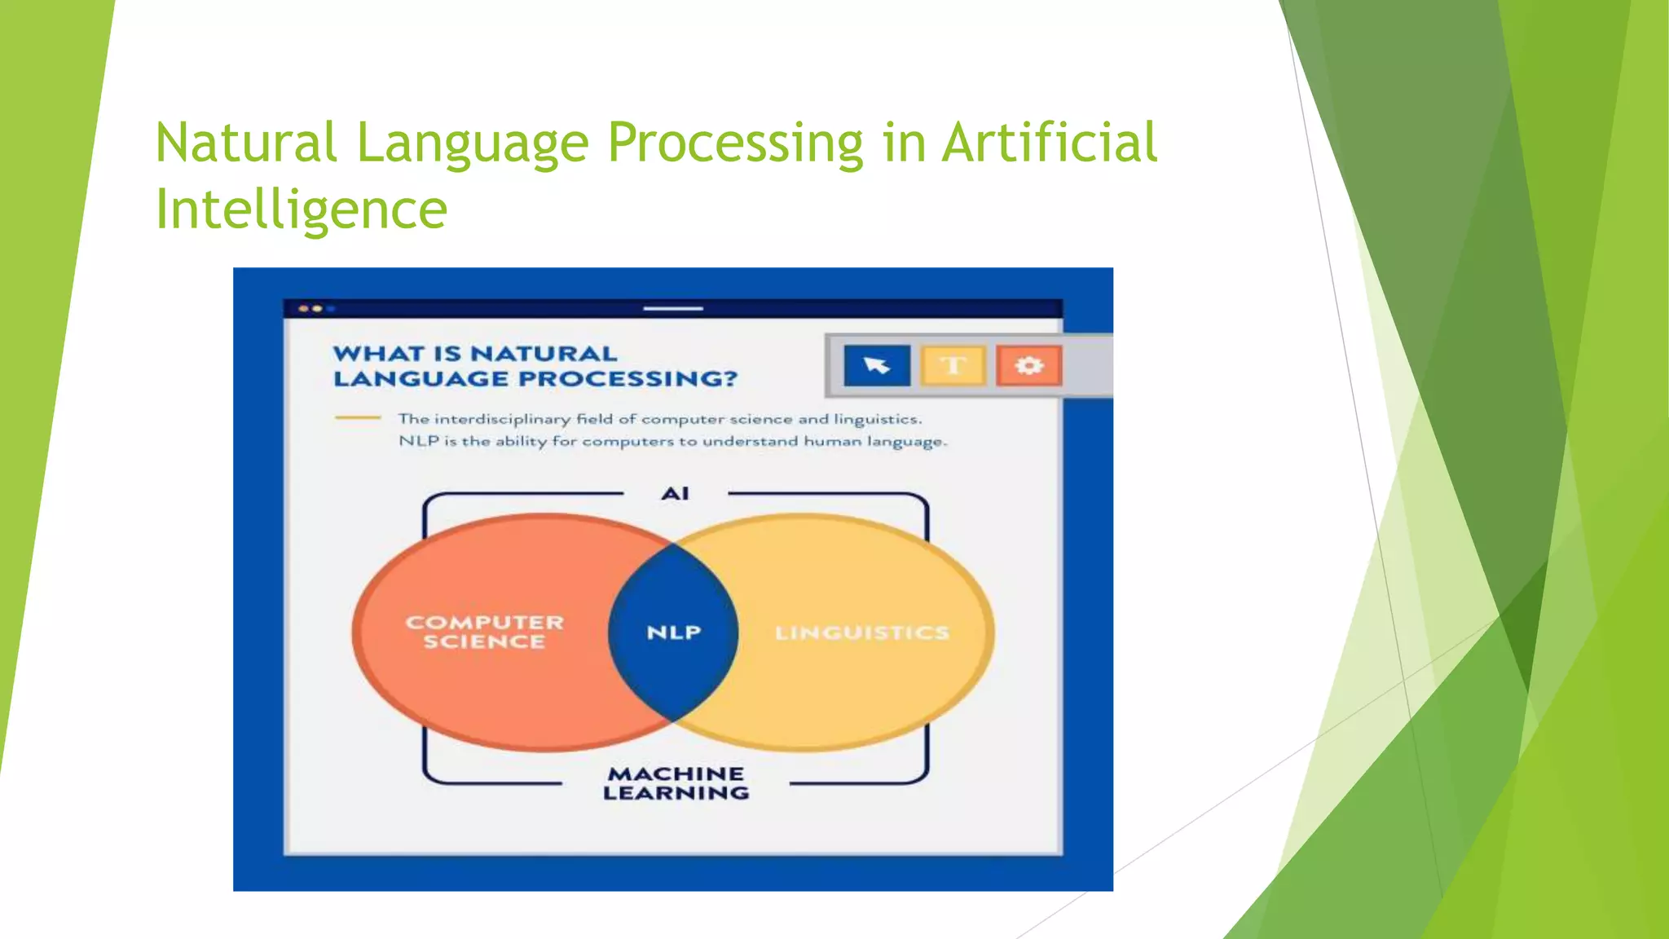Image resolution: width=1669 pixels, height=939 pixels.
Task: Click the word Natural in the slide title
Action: click(245, 143)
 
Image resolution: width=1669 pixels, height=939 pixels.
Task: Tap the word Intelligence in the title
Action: click(301, 209)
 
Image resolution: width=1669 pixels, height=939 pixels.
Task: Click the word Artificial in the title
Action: click(1049, 143)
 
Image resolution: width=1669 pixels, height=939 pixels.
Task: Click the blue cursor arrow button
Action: click(877, 365)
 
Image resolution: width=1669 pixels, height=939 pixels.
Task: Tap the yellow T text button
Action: click(953, 365)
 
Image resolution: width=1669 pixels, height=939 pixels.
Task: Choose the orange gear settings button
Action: click(1028, 365)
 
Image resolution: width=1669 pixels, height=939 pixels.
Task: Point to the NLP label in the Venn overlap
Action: click(673, 633)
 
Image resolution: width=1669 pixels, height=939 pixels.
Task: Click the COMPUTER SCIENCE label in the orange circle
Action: click(484, 632)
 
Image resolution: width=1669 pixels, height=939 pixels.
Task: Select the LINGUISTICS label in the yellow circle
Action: click(861, 633)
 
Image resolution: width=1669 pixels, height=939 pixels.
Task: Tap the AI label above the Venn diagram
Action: click(675, 493)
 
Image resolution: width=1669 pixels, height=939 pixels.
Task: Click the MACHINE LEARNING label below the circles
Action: click(676, 783)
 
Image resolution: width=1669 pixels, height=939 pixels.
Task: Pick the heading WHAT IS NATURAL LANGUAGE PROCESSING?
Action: click(535, 366)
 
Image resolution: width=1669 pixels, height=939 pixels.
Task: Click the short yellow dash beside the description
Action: click(357, 417)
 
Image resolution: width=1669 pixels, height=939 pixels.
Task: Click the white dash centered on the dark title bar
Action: click(672, 309)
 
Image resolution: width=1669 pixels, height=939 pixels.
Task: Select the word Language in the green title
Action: click(472, 143)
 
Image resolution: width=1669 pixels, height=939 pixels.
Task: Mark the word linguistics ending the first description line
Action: click(878, 419)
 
